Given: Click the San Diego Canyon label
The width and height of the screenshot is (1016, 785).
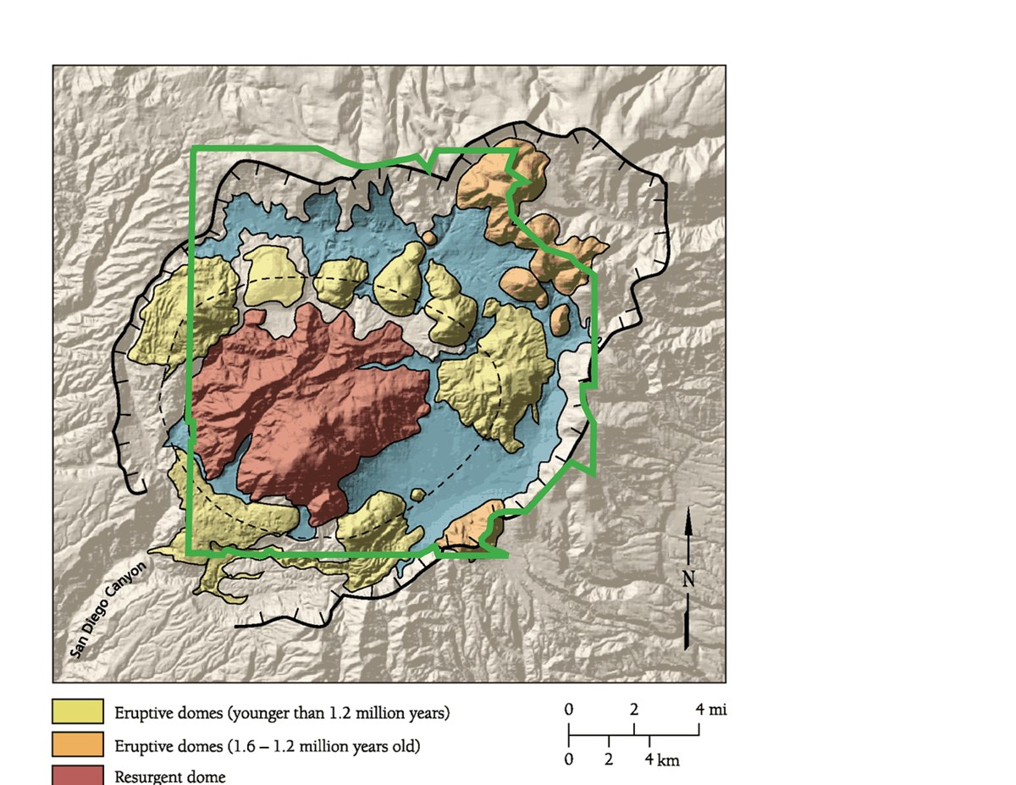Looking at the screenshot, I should (x=108, y=608).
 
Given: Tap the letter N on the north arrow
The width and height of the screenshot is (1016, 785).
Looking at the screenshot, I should (x=689, y=579).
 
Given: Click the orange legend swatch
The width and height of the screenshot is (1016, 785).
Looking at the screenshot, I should (x=77, y=745).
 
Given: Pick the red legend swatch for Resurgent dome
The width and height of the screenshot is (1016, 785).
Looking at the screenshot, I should (x=77, y=775).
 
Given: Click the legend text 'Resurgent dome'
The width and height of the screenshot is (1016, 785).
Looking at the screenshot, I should (x=170, y=776).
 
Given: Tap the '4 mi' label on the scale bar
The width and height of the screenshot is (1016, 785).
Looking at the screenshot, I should (x=710, y=708).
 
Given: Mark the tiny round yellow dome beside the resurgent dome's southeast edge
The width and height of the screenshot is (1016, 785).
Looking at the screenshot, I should (x=417, y=495).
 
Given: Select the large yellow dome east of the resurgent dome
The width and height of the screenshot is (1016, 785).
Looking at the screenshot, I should (x=495, y=373).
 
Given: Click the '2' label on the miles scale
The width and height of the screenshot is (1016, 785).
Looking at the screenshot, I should (x=634, y=708).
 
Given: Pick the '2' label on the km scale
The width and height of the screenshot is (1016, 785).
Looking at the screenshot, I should (x=609, y=760).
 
